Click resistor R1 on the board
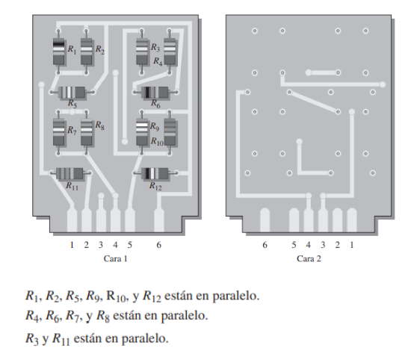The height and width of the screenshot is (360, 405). click(58, 50)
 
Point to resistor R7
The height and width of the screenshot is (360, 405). click(58, 131)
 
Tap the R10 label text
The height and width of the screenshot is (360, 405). click(157, 141)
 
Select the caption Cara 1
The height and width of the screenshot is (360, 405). click(115, 259)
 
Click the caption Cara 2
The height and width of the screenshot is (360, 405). click(308, 259)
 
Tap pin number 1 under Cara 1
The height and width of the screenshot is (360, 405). click(72, 244)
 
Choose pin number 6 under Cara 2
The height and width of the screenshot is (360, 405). click(265, 244)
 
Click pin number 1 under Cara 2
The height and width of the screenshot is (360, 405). click(352, 244)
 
